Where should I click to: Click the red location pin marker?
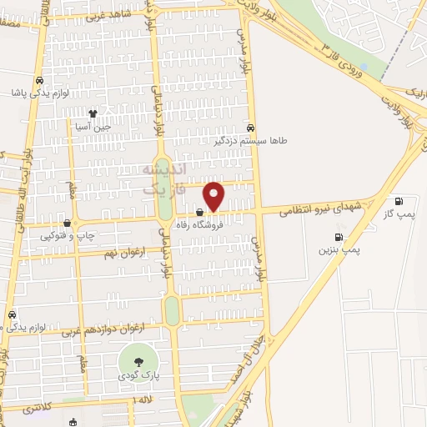click(x=214, y=195)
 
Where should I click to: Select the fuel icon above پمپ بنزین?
click(x=338, y=236)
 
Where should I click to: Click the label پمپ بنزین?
click(x=335, y=249)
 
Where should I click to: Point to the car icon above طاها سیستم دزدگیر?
click(x=250, y=128)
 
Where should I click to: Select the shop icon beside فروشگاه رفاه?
click(x=198, y=212)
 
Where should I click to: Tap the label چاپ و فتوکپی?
click(x=68, y=235)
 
